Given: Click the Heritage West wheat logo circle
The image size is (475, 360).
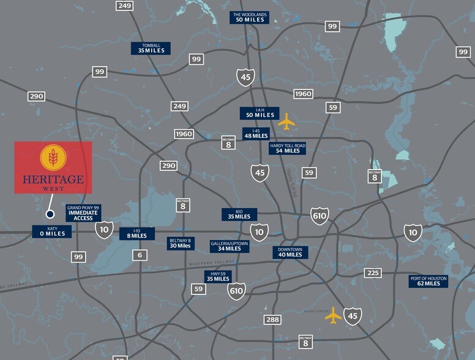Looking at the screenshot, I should (x=53, y=157).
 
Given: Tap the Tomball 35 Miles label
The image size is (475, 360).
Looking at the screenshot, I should (x=151, y=48).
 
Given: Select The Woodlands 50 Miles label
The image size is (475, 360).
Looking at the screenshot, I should (x=249, y=17).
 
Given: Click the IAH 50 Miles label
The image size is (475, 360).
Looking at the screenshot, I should (x=260, y=113).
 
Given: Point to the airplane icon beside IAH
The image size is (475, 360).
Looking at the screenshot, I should (x=286, y=122).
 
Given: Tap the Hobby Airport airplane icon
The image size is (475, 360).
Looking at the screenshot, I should (x=334, y=315).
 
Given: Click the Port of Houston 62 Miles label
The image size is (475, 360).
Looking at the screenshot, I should (x=428, y=281).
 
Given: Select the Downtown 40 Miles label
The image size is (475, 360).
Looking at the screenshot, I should (x=290, y=252).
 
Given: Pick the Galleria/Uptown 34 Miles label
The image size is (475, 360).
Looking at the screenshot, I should (x=230, y=246).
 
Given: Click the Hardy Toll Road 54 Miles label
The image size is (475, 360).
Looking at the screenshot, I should (x=287, y=148).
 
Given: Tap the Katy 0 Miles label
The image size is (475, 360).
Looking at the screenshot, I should (x=51, y=231).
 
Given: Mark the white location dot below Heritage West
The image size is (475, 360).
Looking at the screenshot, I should (x=50, y=214).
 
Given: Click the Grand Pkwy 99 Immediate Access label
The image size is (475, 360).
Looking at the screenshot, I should (x=83, y=213).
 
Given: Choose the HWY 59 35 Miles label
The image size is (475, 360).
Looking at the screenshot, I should (x=218, y=276).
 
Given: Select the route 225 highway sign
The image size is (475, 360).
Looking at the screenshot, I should (x=372, y=273).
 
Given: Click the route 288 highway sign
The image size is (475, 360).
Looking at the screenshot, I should (x=272, y=320).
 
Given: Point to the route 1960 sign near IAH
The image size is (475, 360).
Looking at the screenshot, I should (x=302, y=94).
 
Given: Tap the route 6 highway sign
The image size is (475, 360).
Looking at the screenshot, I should (x=140, y=255).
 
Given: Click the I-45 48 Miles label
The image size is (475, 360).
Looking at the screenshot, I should (x=255, y=133).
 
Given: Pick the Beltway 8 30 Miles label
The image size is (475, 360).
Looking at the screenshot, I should (x=180, y=244).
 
